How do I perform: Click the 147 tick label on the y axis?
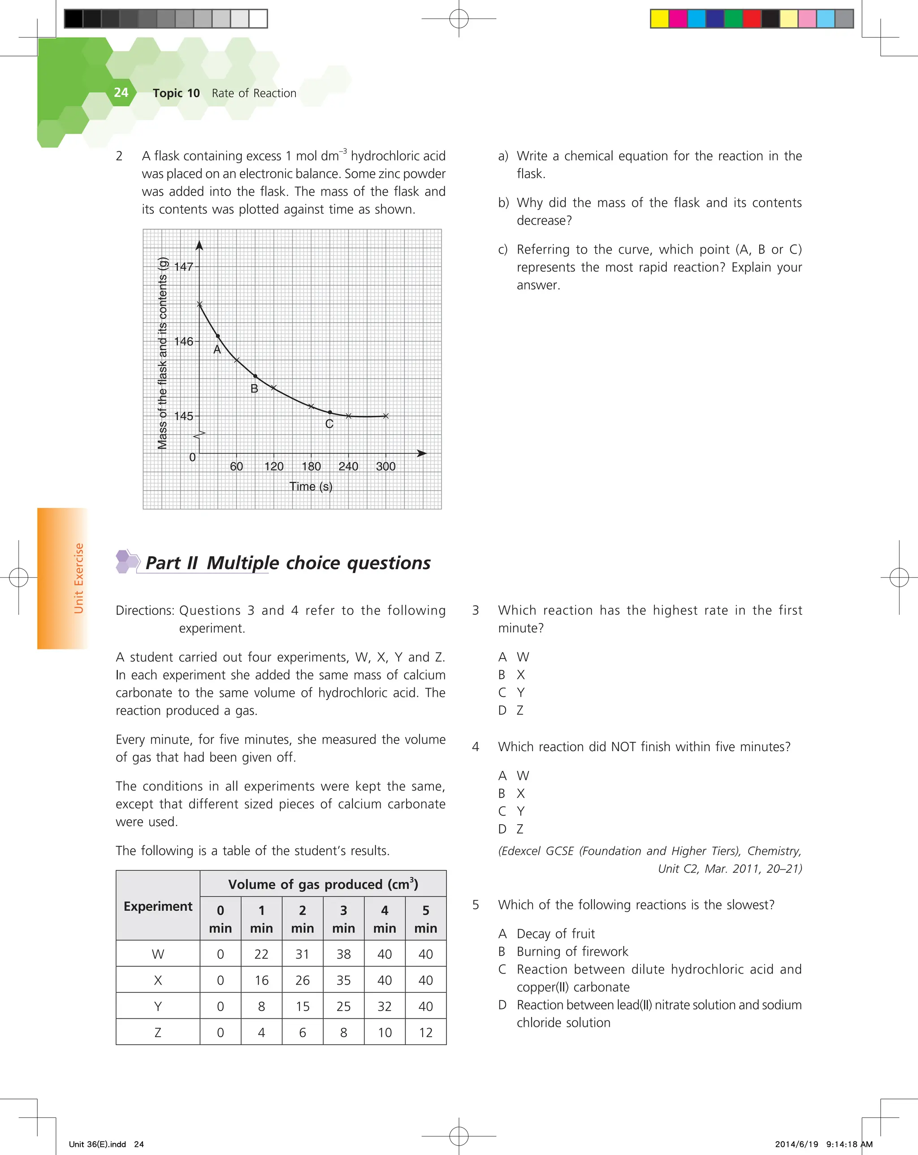[x=183, y=267]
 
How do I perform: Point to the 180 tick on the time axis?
[x=311, y=467]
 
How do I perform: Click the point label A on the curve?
[x=217, y=350]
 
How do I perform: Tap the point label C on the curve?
[x=329, y=424]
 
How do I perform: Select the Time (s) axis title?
[x=311, y=486]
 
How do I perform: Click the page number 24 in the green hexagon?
[x=121, y=93]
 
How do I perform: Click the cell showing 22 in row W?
[x=261, y=954]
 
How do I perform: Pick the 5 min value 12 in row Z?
[x=425, y=1032]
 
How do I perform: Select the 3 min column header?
[x=343, y=919]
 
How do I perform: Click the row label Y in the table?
[x=157, y=1007]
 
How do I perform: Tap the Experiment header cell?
[x=157, y=906]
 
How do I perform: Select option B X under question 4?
[x=511, y=793]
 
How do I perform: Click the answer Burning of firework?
[x=572, y=952]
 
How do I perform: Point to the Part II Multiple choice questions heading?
[x=288, y=563]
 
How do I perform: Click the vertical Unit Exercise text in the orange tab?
[x=79, y=579]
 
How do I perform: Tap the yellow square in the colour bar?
[x=659, y=19]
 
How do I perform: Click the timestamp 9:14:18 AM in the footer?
[x=849, y=1144]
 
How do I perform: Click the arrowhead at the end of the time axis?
[x=422, y=453]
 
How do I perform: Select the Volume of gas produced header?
[x=323, y=884]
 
